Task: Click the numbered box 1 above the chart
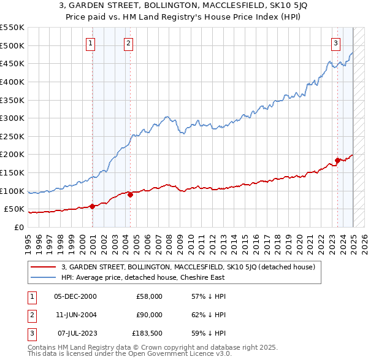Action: point(90,43)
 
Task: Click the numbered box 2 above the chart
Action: point(128,43)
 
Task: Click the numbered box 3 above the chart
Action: point(336,43)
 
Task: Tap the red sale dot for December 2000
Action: point(93,206)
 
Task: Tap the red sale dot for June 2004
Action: point(131,194)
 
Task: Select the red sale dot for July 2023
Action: point(337,161)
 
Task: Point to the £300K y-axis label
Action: point(12,118)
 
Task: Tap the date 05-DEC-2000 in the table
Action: point(75,296)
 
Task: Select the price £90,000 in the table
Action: point(149,315)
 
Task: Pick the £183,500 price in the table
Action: point(147,333)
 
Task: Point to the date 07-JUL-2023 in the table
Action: point(75,333)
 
